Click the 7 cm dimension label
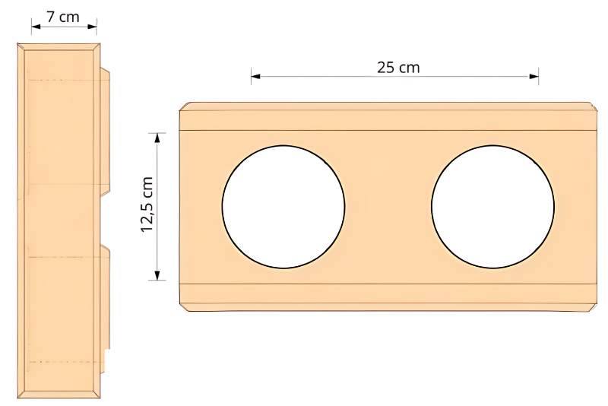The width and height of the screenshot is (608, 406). coord(63,16)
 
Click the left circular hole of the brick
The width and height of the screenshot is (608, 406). coord(283,207)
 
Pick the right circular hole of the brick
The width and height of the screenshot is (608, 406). coord(492,207)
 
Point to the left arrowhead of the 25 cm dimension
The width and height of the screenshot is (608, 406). coord(255,76)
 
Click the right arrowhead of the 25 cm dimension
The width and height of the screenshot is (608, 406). coord(534,76)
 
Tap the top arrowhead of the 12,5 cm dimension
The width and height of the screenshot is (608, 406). coord(158,138)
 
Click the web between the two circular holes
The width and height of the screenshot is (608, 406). coord(388,207)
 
